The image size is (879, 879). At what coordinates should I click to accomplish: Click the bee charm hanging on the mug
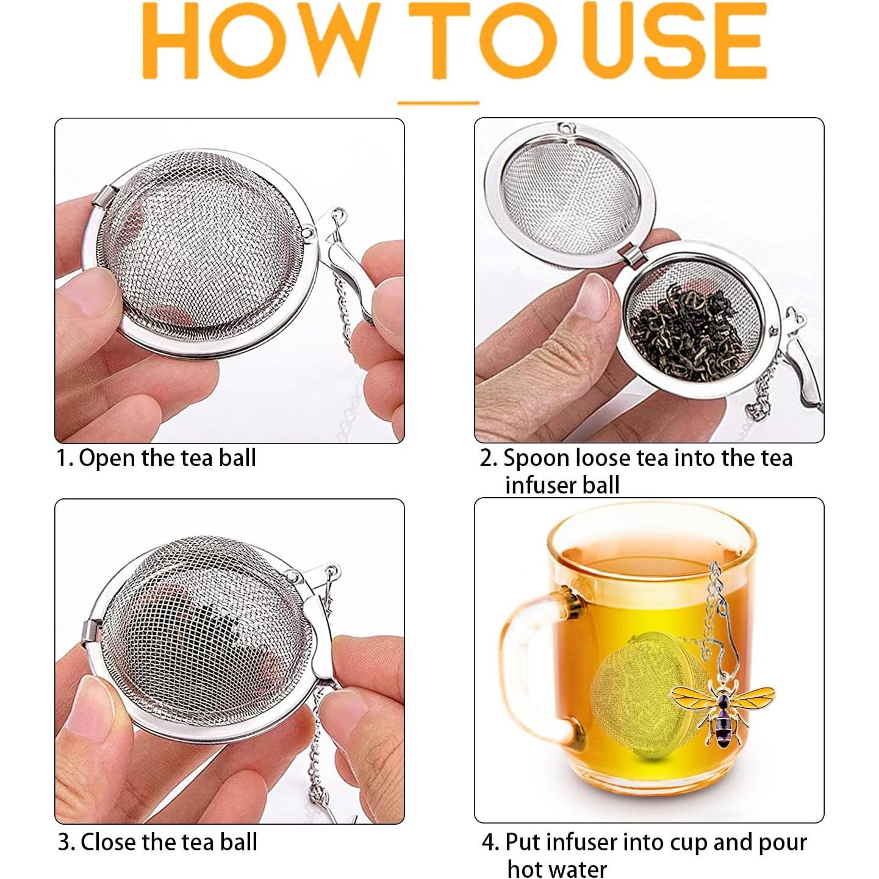(723, 707)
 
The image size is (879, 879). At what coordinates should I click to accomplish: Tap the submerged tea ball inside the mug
(647, 695)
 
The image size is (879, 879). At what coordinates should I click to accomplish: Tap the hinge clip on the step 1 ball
(104, 198)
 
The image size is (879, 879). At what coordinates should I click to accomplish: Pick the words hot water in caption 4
(557, 868)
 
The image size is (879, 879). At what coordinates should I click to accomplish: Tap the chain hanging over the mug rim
(715, 586)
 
